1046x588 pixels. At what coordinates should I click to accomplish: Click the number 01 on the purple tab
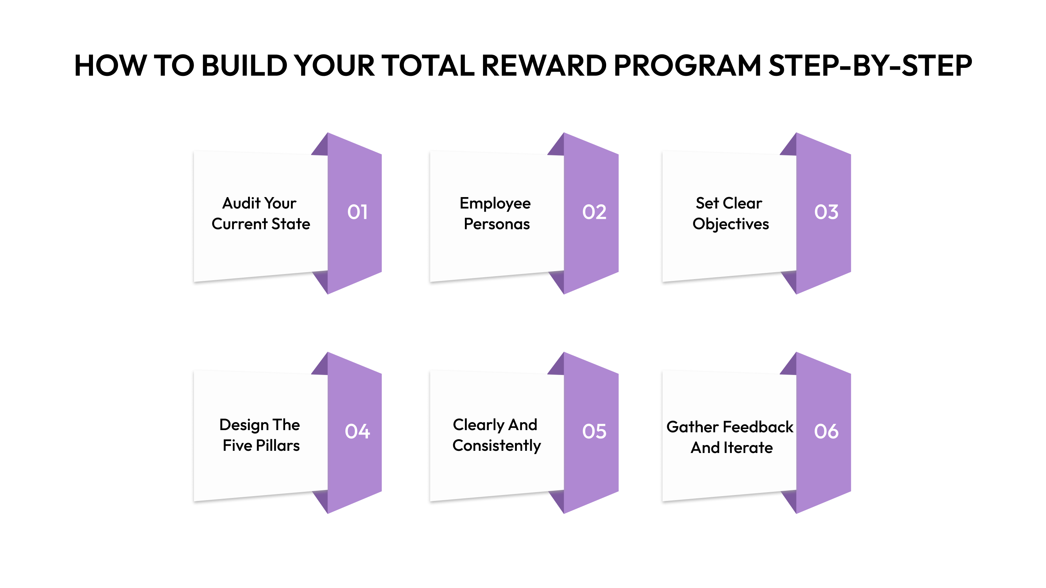(357, 212)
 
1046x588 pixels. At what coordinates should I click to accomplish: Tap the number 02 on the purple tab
(594, 212)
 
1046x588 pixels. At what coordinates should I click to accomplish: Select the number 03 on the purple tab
(826, 212)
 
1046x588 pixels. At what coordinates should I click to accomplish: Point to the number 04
(357, 431)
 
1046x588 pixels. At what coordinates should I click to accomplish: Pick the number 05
(594, 431)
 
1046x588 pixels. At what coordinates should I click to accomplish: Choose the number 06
(826, 431)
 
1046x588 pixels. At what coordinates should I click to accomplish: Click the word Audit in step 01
(241, 203)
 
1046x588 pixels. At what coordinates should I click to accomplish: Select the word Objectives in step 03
(730, 224)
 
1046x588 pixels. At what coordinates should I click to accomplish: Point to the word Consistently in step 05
(496, 446)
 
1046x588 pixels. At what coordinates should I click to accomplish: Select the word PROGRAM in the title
(687, 65)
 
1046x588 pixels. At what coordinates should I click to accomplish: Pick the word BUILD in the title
(244, 65)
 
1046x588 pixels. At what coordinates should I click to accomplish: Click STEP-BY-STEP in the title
(870, 65)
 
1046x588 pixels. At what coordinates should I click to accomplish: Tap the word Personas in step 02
(496, 224)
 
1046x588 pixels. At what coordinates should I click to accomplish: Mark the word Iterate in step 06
(748, 448)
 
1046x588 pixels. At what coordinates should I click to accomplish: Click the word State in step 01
(291, 224)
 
